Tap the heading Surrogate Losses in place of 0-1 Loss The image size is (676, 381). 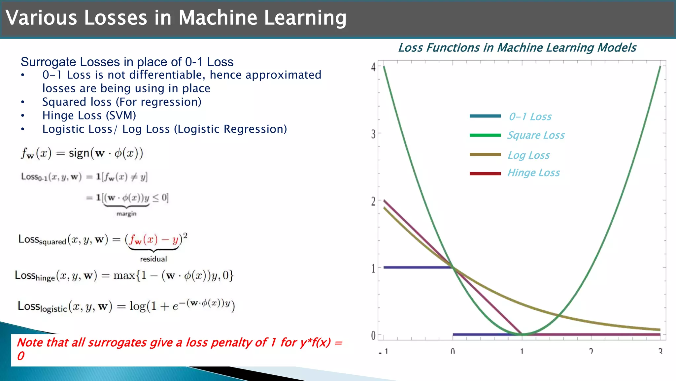127,62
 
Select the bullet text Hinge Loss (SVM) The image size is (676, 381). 89,115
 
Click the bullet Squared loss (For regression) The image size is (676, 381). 121,102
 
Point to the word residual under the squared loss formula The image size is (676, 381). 153,259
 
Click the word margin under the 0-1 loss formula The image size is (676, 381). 126,214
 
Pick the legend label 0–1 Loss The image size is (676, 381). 530,116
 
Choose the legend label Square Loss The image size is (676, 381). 536,135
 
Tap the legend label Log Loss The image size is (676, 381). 528,155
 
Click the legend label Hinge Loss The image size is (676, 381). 533,173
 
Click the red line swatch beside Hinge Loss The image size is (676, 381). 485,174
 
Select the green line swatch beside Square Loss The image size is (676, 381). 485,135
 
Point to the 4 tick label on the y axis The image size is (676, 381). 373,67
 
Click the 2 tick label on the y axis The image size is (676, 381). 373,201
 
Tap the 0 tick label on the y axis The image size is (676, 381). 373,335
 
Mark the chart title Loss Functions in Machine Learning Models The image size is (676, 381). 517,48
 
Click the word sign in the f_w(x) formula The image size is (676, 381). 79,153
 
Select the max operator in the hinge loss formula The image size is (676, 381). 124,275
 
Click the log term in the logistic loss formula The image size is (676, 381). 137,306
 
